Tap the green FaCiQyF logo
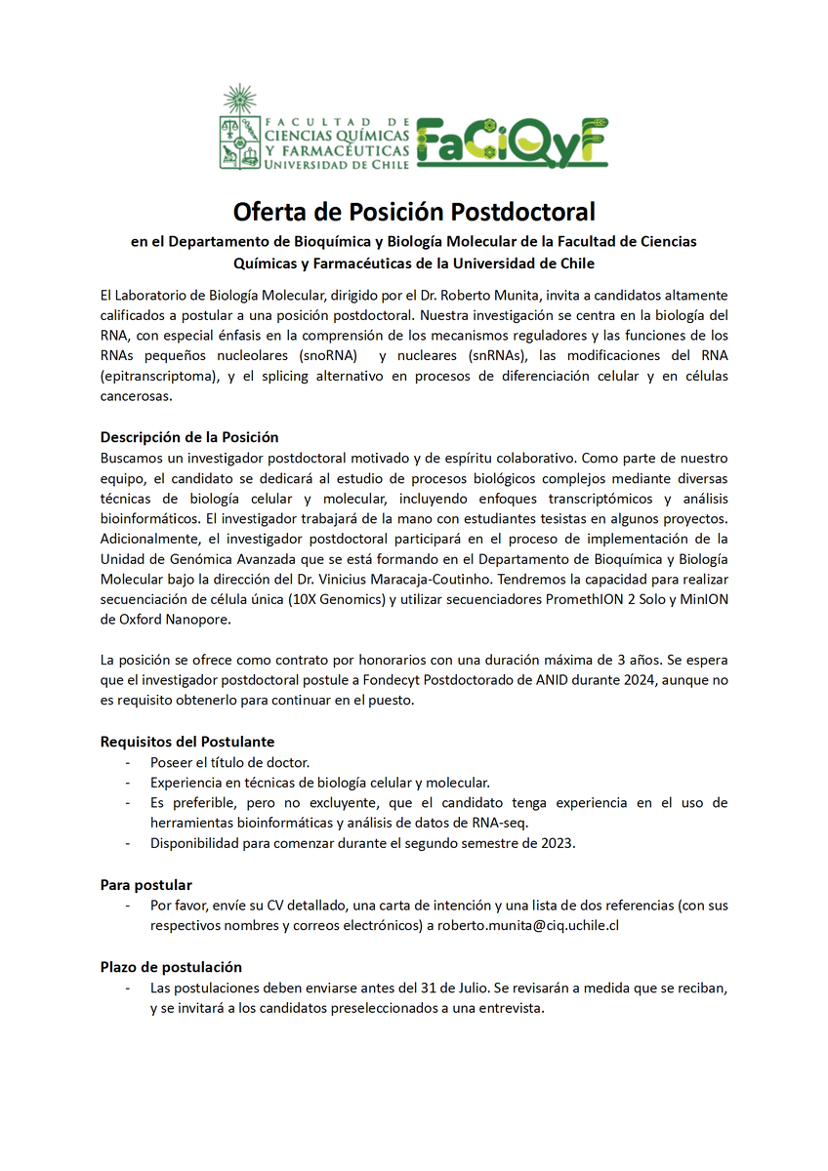tap(513, 142)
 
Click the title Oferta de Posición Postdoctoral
tap(413, 211)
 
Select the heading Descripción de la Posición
tap(189, 437)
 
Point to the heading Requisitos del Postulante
tap(187, 742)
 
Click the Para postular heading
tap(146, 884)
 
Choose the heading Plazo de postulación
tap(171, 967)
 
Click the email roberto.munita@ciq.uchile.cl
tap(528, 925)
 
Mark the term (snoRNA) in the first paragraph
tap(329, 356)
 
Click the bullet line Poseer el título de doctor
tap(230, 761)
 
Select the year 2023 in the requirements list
tap(557, 843)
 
